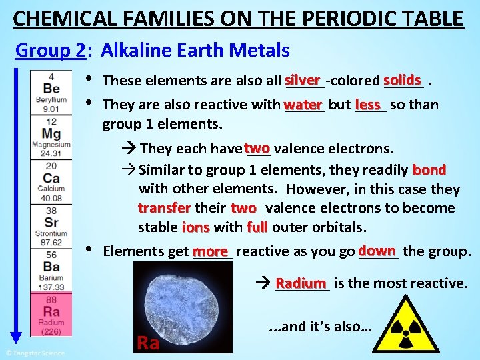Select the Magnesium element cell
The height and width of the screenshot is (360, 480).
coord(51,137)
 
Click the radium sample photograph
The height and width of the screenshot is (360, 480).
coord(182,307)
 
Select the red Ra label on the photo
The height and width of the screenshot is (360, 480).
coord(147,343)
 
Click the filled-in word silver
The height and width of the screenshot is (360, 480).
coord(305,79)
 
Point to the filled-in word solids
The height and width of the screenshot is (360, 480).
coord(402,79)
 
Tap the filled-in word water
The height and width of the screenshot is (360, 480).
coord(303,105)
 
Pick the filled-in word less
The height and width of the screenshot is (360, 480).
coord(368,105)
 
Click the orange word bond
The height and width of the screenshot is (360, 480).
coord(429,169)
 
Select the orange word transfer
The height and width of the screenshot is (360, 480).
coord(164,208)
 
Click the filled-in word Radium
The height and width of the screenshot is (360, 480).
coord(301,283)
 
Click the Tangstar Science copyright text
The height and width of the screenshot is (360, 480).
coord(35,353)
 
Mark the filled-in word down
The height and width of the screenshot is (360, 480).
coord(377,251)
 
